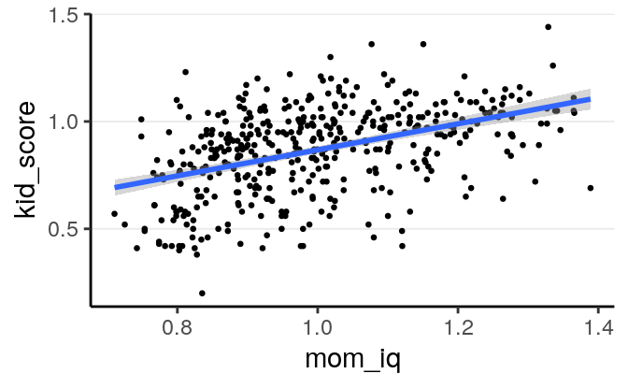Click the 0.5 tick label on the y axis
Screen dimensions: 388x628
62,228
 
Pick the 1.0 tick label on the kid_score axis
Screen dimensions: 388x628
62,121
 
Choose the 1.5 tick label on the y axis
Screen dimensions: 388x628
62,14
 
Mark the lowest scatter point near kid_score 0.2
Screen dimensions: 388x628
202,293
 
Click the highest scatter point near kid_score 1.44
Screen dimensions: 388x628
549,27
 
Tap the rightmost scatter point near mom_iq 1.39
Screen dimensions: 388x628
591,188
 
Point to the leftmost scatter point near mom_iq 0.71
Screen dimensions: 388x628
114,214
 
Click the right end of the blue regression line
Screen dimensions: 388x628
590,98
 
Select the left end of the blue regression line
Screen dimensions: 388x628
116,187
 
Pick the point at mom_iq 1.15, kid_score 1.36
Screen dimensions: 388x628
423,44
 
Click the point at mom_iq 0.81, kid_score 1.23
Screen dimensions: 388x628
186,72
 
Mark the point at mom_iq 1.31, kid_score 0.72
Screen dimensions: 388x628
535,181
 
